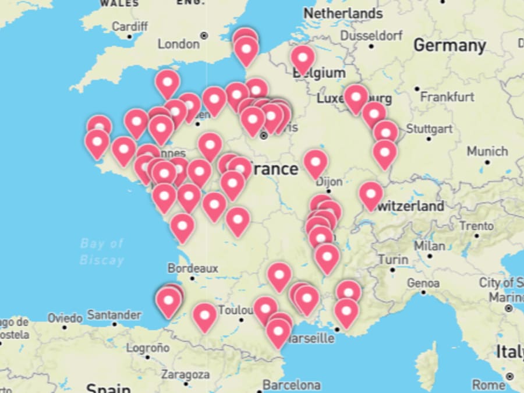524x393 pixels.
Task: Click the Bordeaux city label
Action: [193, 268]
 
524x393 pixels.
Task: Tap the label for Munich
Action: [487, 151]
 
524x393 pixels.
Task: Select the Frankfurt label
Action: [447, 96]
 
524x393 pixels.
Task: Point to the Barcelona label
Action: [291, 385]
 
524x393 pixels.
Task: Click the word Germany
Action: [449, 45]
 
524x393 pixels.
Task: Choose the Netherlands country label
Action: [343, 13]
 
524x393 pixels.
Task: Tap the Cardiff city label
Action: [130, 26]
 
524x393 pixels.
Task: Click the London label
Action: [178, 44]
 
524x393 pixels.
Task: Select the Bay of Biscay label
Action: [102, 251]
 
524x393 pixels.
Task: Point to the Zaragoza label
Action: [185, 374]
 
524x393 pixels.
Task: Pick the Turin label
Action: [393, 259]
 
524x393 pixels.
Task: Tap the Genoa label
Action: [423, 283]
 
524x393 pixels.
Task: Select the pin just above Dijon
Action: [315, 162]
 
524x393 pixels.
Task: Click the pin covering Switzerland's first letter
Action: [371, 194]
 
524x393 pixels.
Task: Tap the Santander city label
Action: [114, 315]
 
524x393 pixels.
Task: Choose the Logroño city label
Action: [147, 348]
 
